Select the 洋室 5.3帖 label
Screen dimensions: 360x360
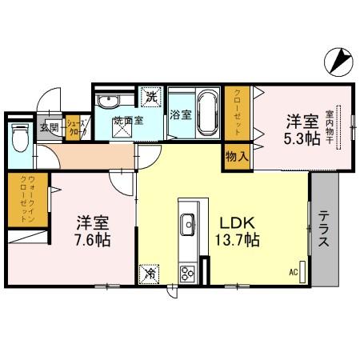303,130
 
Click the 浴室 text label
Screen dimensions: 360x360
180,114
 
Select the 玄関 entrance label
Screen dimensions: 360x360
48,126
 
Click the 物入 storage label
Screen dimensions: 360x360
238,155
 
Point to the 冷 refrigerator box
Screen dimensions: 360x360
150,274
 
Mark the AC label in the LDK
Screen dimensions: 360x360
294,272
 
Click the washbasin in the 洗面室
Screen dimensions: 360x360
107,102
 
